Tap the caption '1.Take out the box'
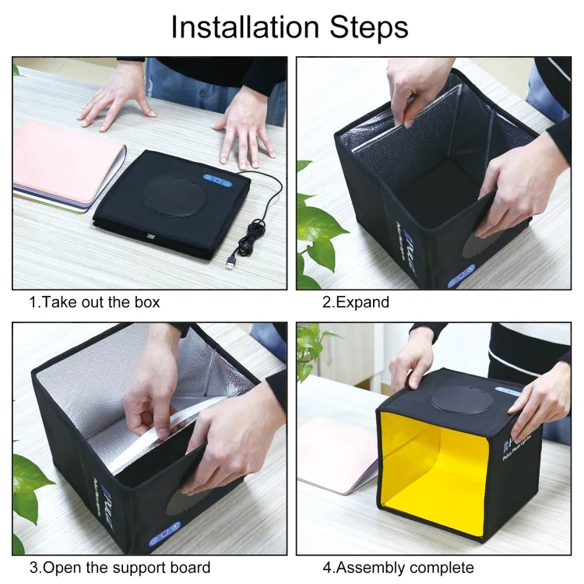pyautogui.click(x=94, y=302)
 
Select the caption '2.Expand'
pyautogui.click(x=356, y=302)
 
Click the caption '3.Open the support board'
pyautogui.click(x=120, y=568)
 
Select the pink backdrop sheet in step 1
pyautogui.click(x=65, y=160)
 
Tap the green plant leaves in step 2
pyautogui.click(x=315, y=226)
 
